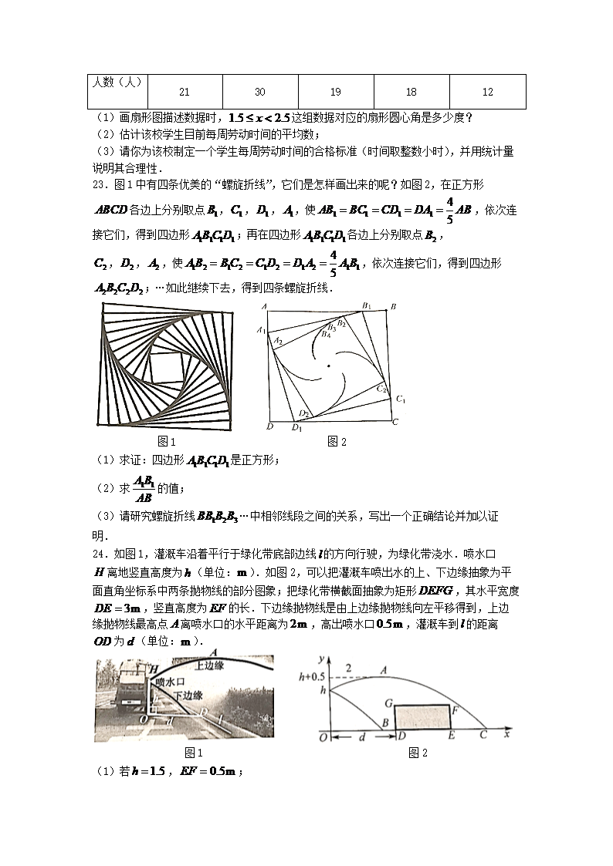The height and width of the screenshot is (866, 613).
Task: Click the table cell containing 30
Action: (259, 92)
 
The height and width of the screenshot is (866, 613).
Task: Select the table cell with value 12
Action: (487, 92)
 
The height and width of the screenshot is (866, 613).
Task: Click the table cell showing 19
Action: (335, 92)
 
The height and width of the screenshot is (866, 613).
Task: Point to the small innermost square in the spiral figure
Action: (167, 365)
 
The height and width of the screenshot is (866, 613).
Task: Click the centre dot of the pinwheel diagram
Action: (328, 366)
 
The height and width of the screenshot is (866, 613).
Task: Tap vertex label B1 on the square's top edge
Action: (367, 306)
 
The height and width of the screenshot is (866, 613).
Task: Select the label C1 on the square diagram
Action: (401, 399)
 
